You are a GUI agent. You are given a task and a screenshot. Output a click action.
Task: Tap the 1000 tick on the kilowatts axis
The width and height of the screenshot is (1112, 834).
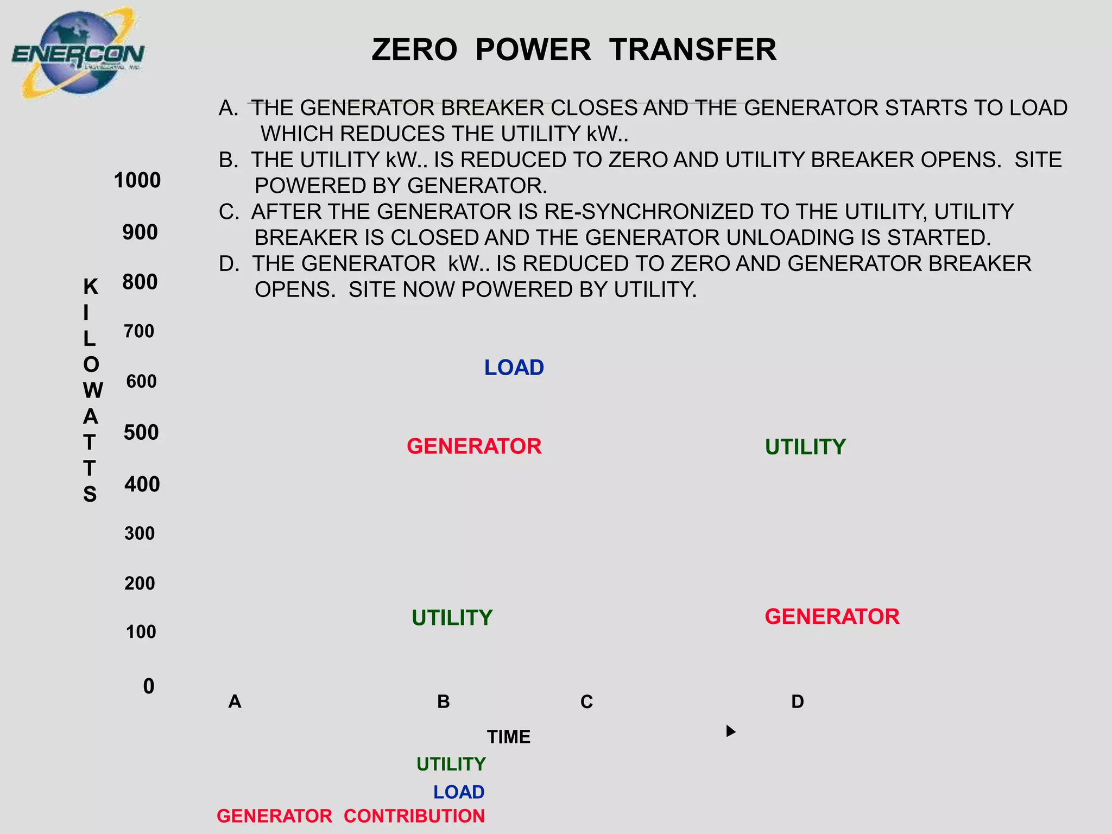[137, 180]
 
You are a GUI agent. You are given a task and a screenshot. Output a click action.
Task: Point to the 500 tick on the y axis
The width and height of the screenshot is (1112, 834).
[141, 433]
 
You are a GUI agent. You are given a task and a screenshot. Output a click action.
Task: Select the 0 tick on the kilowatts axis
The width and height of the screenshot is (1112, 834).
[149, 686]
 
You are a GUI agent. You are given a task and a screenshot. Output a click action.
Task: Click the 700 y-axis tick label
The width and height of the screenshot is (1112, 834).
[139, 331]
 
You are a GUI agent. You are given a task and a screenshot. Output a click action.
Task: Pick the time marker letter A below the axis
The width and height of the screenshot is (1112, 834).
[235, 702]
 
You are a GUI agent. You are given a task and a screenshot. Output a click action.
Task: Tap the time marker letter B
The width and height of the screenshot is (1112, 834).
[444, 702]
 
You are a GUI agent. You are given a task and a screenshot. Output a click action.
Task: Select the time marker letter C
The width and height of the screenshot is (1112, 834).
[586, 702]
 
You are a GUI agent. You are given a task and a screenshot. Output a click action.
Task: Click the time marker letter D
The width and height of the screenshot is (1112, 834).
[797, 702]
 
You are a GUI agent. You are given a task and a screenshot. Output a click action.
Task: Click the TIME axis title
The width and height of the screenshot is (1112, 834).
[509, 737]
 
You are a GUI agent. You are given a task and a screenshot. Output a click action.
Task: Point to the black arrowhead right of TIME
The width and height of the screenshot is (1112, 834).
[731, 731]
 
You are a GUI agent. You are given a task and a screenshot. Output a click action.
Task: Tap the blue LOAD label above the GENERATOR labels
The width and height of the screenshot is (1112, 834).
[514, 368]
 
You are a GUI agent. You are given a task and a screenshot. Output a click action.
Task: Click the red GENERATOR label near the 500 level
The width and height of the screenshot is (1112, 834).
[474, 446]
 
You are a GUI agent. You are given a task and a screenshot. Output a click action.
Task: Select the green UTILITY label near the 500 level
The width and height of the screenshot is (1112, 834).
[805, 447]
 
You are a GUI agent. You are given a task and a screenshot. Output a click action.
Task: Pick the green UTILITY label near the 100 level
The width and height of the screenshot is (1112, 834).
[452, 618]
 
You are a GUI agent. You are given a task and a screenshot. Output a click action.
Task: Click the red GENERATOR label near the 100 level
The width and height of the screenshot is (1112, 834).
[832, 617]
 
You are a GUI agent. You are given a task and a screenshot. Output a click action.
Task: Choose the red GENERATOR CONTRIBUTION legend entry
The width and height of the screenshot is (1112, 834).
[351, 816]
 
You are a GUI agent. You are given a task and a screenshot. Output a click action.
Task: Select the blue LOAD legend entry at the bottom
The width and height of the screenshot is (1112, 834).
[459, 792]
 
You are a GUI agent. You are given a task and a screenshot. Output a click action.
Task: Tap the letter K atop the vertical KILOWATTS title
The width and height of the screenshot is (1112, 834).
[91, 287]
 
